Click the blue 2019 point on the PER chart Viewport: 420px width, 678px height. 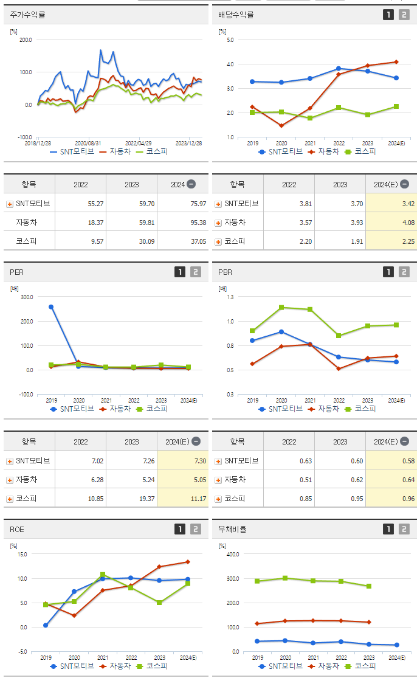(x=51, y=307)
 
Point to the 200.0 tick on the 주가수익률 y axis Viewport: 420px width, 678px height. (x=26, y=40)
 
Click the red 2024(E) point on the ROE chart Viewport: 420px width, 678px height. (x=188, y=562)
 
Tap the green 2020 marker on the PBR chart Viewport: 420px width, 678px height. (x=281, y=308)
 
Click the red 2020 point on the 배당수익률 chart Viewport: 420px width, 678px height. (x=281, y=126)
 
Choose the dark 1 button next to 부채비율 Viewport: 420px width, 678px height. (x=388, y=530)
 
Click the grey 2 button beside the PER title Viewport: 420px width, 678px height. (x=195, y=272)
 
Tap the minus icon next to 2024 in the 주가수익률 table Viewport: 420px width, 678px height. (x=191, y=184)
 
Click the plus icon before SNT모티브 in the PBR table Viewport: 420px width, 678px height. (x=218, y=462)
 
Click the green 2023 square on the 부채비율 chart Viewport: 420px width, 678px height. (x=368, y=586)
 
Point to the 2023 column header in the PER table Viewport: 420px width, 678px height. (x=132, y=441)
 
